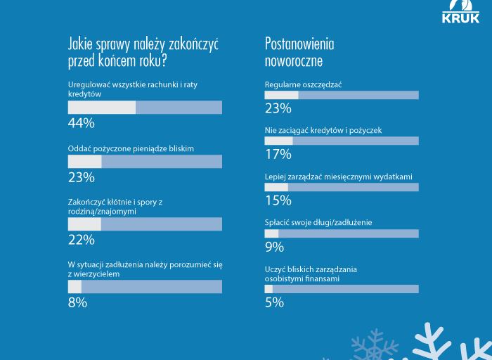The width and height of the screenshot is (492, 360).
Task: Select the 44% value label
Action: (x=81, y=123)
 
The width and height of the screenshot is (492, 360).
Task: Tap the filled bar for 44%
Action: (x=101, y=108)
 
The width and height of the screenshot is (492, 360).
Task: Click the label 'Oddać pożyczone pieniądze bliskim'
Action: (x=131, y=148)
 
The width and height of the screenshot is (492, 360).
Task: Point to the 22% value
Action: (x=81, y=240)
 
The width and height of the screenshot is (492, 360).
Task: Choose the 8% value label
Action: (x=77, y=302)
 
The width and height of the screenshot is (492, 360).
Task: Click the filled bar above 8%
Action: (x=75, y=287)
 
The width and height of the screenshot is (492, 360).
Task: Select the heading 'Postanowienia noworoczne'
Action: (x=299, y=52)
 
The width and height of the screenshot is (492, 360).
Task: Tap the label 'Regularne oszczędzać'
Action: (x=303, y=84)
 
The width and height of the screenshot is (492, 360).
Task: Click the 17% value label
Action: (x=278, y=154)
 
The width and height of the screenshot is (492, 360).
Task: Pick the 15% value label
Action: (x=278, y=200)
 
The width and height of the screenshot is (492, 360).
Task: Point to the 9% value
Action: (x=274, y=247)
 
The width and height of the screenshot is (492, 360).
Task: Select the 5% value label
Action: (x=274, y=302)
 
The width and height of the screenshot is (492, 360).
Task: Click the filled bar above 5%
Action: (x=268, y=289)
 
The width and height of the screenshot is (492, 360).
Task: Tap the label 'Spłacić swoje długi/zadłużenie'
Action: (x=318, y=222)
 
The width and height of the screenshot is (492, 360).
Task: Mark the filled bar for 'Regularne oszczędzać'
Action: (x=281, y=95)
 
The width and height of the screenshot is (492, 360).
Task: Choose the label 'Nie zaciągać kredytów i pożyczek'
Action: (x=323, y=130)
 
